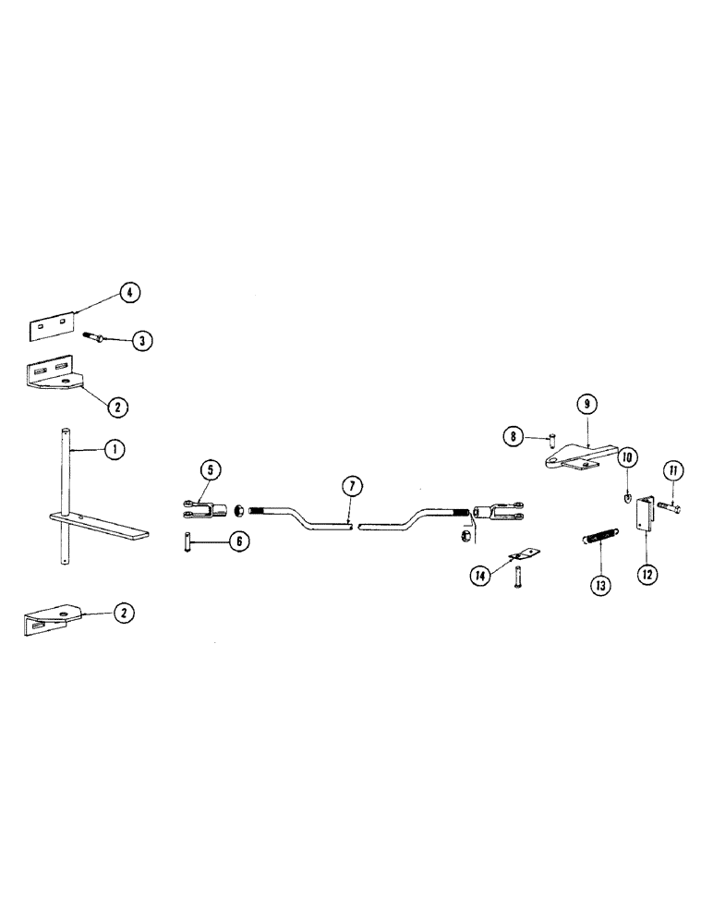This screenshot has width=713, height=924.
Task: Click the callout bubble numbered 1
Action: tap(114, 450)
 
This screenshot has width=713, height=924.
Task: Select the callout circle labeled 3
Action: tap(141, 341)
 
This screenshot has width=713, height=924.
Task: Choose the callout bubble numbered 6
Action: tap(237, 542)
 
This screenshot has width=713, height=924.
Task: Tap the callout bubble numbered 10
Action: tap(626, 456)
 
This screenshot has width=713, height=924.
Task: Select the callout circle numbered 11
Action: tap(673, 471)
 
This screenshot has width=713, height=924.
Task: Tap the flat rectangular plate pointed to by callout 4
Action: tap(53, 326)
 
